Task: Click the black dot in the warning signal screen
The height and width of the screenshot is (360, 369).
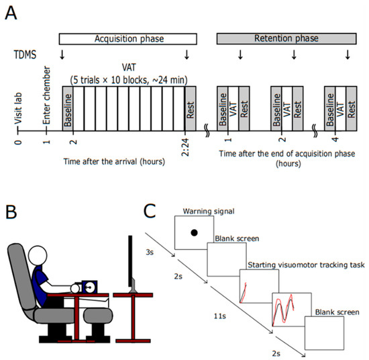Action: click(x=193, y=233)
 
